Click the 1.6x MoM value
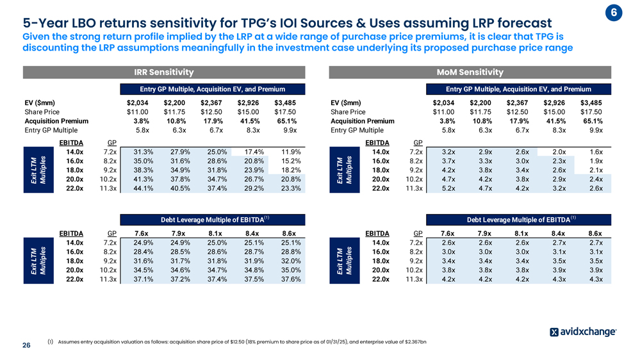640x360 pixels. point(595,152)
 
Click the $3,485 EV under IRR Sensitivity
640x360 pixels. point(286,102)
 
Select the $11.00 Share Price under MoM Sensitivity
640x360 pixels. point(445,111)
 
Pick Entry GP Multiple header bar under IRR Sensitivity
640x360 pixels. point(211,89)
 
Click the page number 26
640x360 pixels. point(26,346)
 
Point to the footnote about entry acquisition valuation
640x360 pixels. point(237,341)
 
